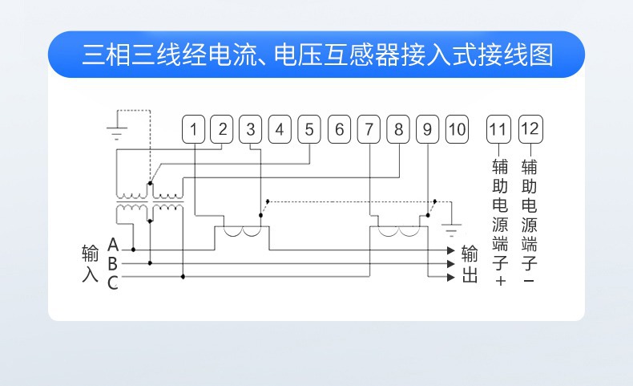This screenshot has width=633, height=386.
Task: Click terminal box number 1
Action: click(x=193, y=129)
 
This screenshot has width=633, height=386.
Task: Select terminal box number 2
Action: click(x=222, y=129)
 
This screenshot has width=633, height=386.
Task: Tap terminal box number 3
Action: click(x=250, y=129)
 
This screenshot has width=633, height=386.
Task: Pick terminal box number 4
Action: click(x=280, y=129)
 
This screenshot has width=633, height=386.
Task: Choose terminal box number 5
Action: click(x=309, y=129)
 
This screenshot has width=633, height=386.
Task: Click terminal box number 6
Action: click(x=339, y=129)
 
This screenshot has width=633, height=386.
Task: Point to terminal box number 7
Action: click(x=369, y=129)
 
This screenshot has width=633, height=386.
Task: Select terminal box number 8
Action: click(x=398, y=129)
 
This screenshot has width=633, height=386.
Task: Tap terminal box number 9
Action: click(x=428, y=129)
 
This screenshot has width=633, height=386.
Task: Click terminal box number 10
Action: click(x=457, y=129)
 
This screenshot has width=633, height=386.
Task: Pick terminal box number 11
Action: click(x=498, y=129)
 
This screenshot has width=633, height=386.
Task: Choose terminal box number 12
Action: click(x=530, y=129)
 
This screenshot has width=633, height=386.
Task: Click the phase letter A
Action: click(x=113, y=245)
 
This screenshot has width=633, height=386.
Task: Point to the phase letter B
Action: click(x=113, y=264)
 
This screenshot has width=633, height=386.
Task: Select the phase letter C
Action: click(x=113, y=283)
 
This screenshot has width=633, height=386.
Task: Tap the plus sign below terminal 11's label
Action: click(x=501, y=281)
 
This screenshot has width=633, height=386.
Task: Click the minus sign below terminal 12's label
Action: click(x=530, y=281)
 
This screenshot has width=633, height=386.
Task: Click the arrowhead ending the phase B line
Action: click(x=451, y=264)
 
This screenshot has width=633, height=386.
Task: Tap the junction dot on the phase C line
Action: click(x=183, y=277)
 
